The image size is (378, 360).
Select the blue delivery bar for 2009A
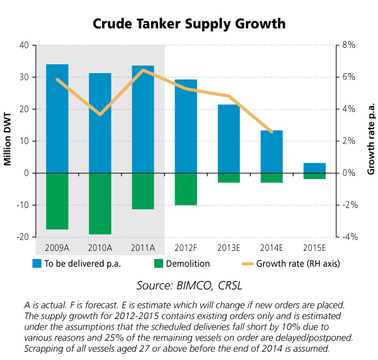57,119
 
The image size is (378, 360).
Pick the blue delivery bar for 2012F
186,126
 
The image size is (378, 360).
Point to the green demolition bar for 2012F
186,189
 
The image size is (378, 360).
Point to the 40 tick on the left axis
25,45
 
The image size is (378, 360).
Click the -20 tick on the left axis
23,237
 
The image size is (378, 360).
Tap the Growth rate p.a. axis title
371,141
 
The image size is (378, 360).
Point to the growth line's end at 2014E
272,132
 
